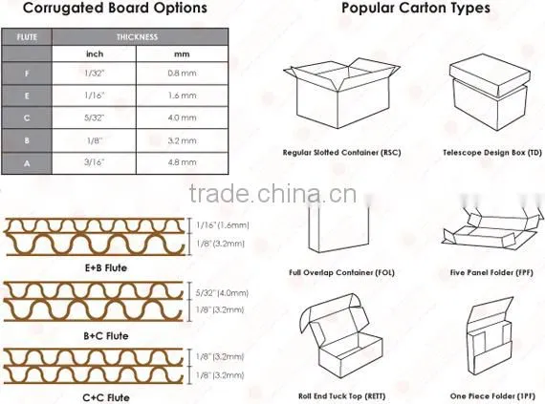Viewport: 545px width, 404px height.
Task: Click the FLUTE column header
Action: point(27,37)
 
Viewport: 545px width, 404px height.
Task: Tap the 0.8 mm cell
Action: point(182,74)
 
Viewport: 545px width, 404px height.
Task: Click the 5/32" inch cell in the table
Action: point(95,117)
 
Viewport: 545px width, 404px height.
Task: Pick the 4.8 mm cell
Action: point(182,162)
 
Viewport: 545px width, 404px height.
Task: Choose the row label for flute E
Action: point(27,96)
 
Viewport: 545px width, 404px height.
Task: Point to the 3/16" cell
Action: point(95,162)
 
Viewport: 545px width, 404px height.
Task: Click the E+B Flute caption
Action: point(106,268)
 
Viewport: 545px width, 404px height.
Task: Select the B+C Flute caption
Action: point(106,336)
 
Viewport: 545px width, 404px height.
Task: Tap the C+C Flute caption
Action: point(106,397)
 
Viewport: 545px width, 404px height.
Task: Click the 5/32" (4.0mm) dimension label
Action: point(222,293)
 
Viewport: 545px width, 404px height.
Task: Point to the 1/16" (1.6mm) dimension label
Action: point(223,225)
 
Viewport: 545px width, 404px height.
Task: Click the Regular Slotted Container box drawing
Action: point(341,93)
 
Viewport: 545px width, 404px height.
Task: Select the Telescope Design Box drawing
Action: point(490,93)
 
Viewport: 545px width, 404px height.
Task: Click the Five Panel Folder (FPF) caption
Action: point(491,273)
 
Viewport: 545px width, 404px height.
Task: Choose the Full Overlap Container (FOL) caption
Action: point(341,273)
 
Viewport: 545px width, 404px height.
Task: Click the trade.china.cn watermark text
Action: point(272,194)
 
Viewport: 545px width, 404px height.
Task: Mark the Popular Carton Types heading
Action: point(416,9)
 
